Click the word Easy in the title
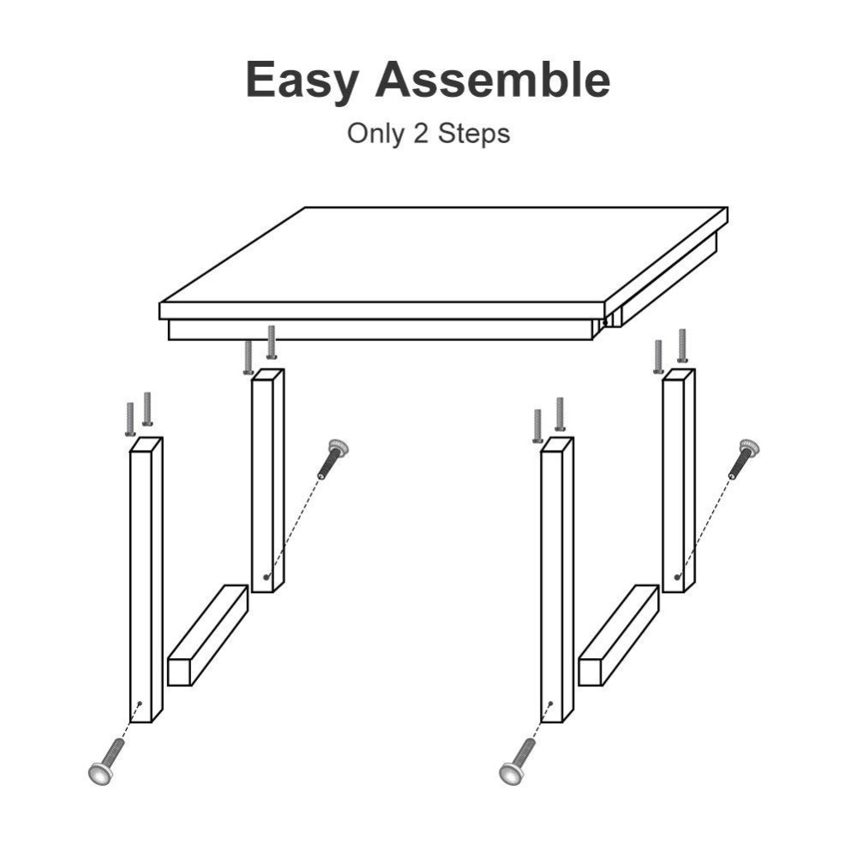point(303,81)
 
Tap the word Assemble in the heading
point(492,80)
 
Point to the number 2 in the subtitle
point(420,134)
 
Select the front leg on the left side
point(145,583)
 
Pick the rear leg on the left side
point(267,480)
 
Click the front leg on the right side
point(556,583)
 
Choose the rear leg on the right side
point(678,480)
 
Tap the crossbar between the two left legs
point(207,635)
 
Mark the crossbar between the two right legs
point(619,635)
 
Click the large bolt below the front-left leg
point(106,762)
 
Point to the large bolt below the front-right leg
point(518,762)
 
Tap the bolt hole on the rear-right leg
point(677,577)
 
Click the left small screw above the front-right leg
point(537,426)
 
